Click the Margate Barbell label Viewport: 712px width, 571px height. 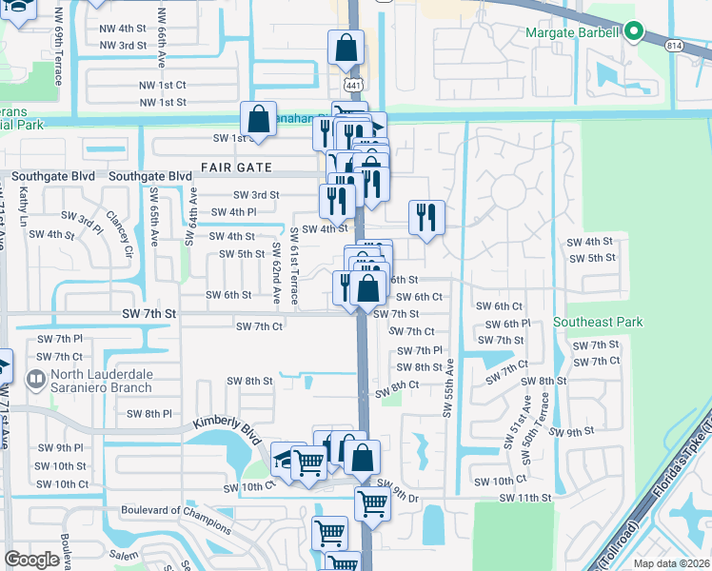[x=572, y=33]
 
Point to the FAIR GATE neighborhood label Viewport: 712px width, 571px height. [x=237, y=167]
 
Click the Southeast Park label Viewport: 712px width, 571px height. [x=598, y=322]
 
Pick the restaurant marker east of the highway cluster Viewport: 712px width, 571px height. [x=426, y=216]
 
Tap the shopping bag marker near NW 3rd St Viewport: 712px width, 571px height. [x=346, y=47]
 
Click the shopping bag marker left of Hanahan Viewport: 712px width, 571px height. [x=258, y=118]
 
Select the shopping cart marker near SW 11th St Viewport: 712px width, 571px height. [x=372, y=502]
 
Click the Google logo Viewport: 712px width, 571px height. [x=31, y=560]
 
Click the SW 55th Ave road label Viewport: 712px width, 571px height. [x=446, y=385]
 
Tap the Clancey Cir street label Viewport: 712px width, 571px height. [x=118, y=227]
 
